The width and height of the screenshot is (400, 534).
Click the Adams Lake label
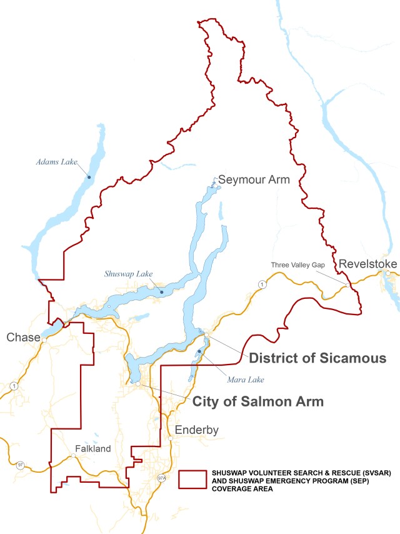pyautogui.click(x=56, y=162)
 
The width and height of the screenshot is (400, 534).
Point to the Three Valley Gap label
pyautogui.click(x=297, y=265)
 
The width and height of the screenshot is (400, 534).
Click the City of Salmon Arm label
pyautogui.click(x=257, y=401)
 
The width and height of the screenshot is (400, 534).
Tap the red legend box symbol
pyautogui.click(x=192, y=480)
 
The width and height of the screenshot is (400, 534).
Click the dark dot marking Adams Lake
pyautogui.click(x=89, y=177)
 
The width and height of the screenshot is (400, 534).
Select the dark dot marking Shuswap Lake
pyautogui.click(x=162, y=292)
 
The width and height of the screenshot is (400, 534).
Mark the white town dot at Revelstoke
pyautogui.click(x=388, y=273)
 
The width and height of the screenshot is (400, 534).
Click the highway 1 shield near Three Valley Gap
pyautogui.click(x=261, y=285)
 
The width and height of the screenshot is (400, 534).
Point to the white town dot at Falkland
pyautogui.click(x=73, y=456)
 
